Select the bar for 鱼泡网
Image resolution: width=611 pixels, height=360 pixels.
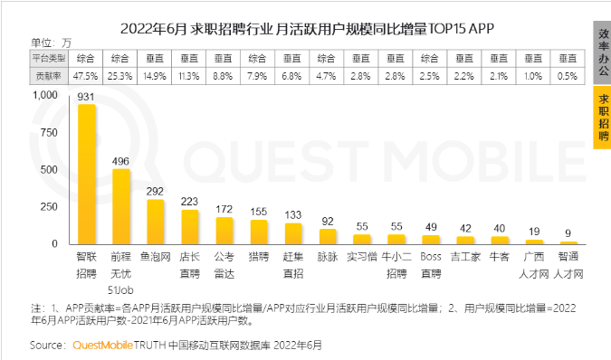(x=156, y=222)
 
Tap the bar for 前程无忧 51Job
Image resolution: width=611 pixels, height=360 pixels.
(x=121, y=206)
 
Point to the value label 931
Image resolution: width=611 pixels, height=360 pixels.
(x=87, y=96)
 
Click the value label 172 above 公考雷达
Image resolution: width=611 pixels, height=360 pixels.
(x=224, y=209)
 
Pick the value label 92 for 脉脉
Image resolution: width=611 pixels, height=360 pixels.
(x=328, y=221)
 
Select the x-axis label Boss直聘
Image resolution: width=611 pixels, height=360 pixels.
(x=431, y=263)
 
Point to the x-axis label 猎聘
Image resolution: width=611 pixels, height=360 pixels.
(x=259, y=257)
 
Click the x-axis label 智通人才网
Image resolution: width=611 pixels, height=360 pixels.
(x=568, y=263)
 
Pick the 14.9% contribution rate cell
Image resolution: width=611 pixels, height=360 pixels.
(x=156, y=75)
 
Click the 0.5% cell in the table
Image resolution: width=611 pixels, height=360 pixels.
(x=568, y=75)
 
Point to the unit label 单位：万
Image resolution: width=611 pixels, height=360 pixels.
(x=51, y=43)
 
